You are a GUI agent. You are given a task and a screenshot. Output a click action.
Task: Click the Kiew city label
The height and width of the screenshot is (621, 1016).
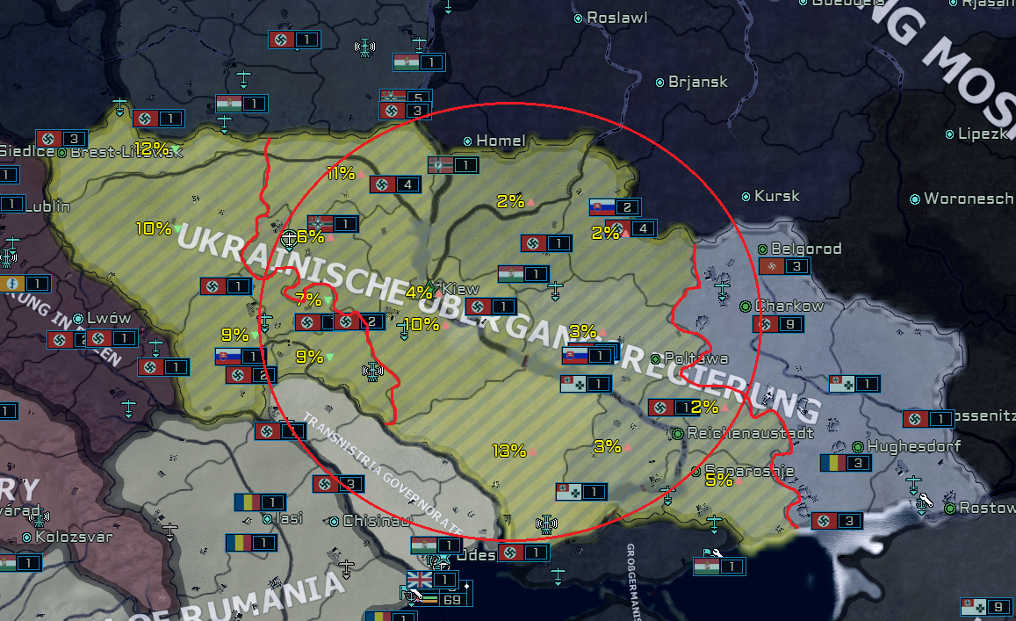click(461, 289)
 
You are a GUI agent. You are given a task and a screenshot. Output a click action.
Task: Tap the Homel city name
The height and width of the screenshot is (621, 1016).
click(501, 141)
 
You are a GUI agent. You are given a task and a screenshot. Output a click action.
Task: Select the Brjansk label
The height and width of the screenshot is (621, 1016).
click(697, 82)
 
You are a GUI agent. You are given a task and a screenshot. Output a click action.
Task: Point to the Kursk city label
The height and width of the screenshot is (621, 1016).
click(776, 196)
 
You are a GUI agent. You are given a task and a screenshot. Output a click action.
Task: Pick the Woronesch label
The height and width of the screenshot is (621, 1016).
click(968, 199)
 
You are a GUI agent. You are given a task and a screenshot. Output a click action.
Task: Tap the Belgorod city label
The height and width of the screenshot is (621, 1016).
click(805, 249)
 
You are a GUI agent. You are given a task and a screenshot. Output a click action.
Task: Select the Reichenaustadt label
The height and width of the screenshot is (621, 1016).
click(738, 433)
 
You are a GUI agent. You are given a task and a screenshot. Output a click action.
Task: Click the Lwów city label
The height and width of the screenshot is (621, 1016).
click(108, 318)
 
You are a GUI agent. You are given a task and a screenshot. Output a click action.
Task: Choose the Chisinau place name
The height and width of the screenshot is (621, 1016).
click(376, 521)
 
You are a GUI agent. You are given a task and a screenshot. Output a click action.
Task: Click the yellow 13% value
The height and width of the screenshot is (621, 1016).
click(508, 451)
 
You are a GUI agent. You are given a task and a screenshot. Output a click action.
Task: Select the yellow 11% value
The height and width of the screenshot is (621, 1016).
click(340, 173)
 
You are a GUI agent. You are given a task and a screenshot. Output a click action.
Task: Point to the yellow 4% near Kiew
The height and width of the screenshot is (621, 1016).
click(419, 292)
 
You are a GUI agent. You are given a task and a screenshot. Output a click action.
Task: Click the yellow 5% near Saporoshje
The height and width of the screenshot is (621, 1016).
click(718, 480)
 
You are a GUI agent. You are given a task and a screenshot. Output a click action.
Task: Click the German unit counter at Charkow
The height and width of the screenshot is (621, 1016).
click(778, 324)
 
